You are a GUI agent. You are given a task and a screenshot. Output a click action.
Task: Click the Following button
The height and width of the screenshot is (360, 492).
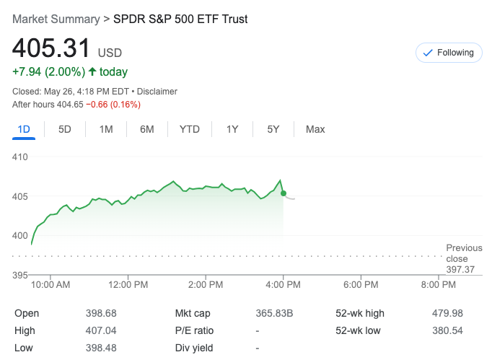pyautogui.click(x=449, y=53)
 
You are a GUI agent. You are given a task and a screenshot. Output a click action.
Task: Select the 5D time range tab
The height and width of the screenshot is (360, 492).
pyautogui.click(x=65, y=129)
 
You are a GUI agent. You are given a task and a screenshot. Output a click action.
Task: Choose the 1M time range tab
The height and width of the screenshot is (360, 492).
pyautogui.click(x=106, y=129)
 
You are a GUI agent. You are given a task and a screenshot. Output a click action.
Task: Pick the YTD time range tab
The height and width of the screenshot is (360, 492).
pyautogui.click(x=190, y=129)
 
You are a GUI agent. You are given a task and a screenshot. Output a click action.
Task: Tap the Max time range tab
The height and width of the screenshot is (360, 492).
pyautogui.click(x=315, y=129)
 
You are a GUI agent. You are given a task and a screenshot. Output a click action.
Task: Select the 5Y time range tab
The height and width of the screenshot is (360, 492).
pyautogui.click(x=273, y=129)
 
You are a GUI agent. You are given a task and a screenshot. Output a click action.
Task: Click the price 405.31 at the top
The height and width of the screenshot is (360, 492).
pyautogui.click(x=51, y=49)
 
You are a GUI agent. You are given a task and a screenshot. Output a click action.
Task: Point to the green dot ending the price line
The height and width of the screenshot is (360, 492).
pyautogui.click(x=284, y=193)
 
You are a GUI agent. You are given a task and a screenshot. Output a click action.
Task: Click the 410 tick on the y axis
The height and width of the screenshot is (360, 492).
pyautogui.click(x=20, y=157)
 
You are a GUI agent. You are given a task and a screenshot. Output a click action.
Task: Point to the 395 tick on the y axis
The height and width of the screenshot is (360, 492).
pyautogui.click(x=20, y=275)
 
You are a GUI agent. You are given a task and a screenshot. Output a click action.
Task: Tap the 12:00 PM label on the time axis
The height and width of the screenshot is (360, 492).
pyautogui.click(x=128, y=285)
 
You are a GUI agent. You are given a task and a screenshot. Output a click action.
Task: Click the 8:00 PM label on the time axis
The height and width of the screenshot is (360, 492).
pyautogui.click(x=439, y=285)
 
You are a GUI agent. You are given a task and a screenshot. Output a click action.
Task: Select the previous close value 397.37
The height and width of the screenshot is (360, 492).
pyautogui.click(x=461, y=269)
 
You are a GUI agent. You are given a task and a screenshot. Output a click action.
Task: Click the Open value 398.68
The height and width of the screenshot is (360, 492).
pyautogui.click(x=101, y=313)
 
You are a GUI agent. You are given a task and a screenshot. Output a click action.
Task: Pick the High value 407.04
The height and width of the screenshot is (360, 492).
pyautogui.click(x=101, y=330)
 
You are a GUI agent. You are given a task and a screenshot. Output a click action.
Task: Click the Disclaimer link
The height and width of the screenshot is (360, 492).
pyautogui.click(x=157, y=92)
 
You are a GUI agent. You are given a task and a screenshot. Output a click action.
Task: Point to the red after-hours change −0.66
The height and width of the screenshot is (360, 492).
pyautogui.click(x=101, y=105)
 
